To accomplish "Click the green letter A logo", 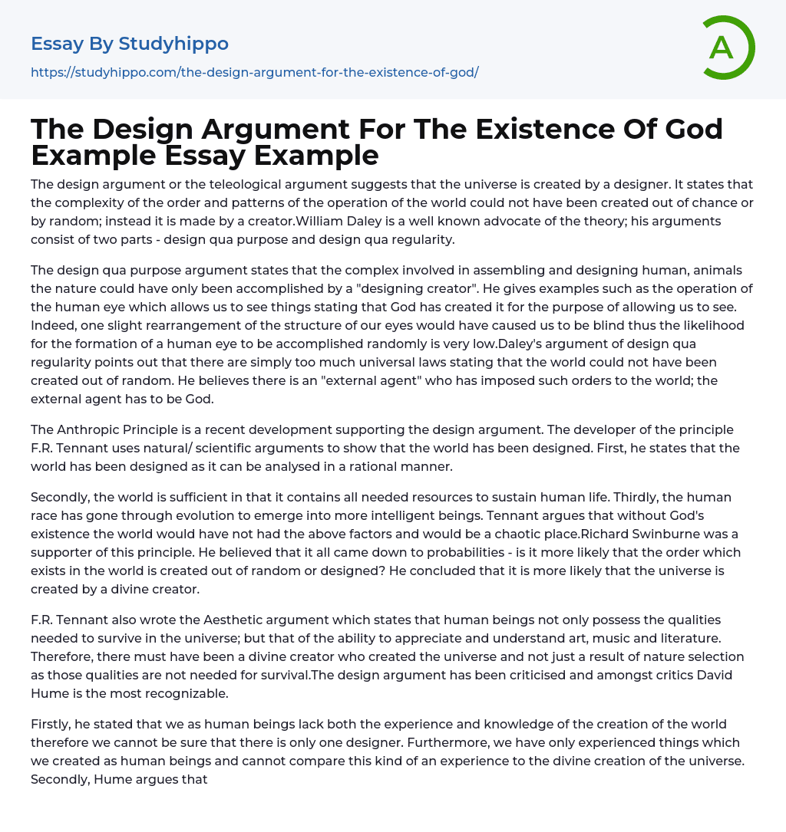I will click(728, 48).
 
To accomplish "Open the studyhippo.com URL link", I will click(254, 72).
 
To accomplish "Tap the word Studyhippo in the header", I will click(174, 44).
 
